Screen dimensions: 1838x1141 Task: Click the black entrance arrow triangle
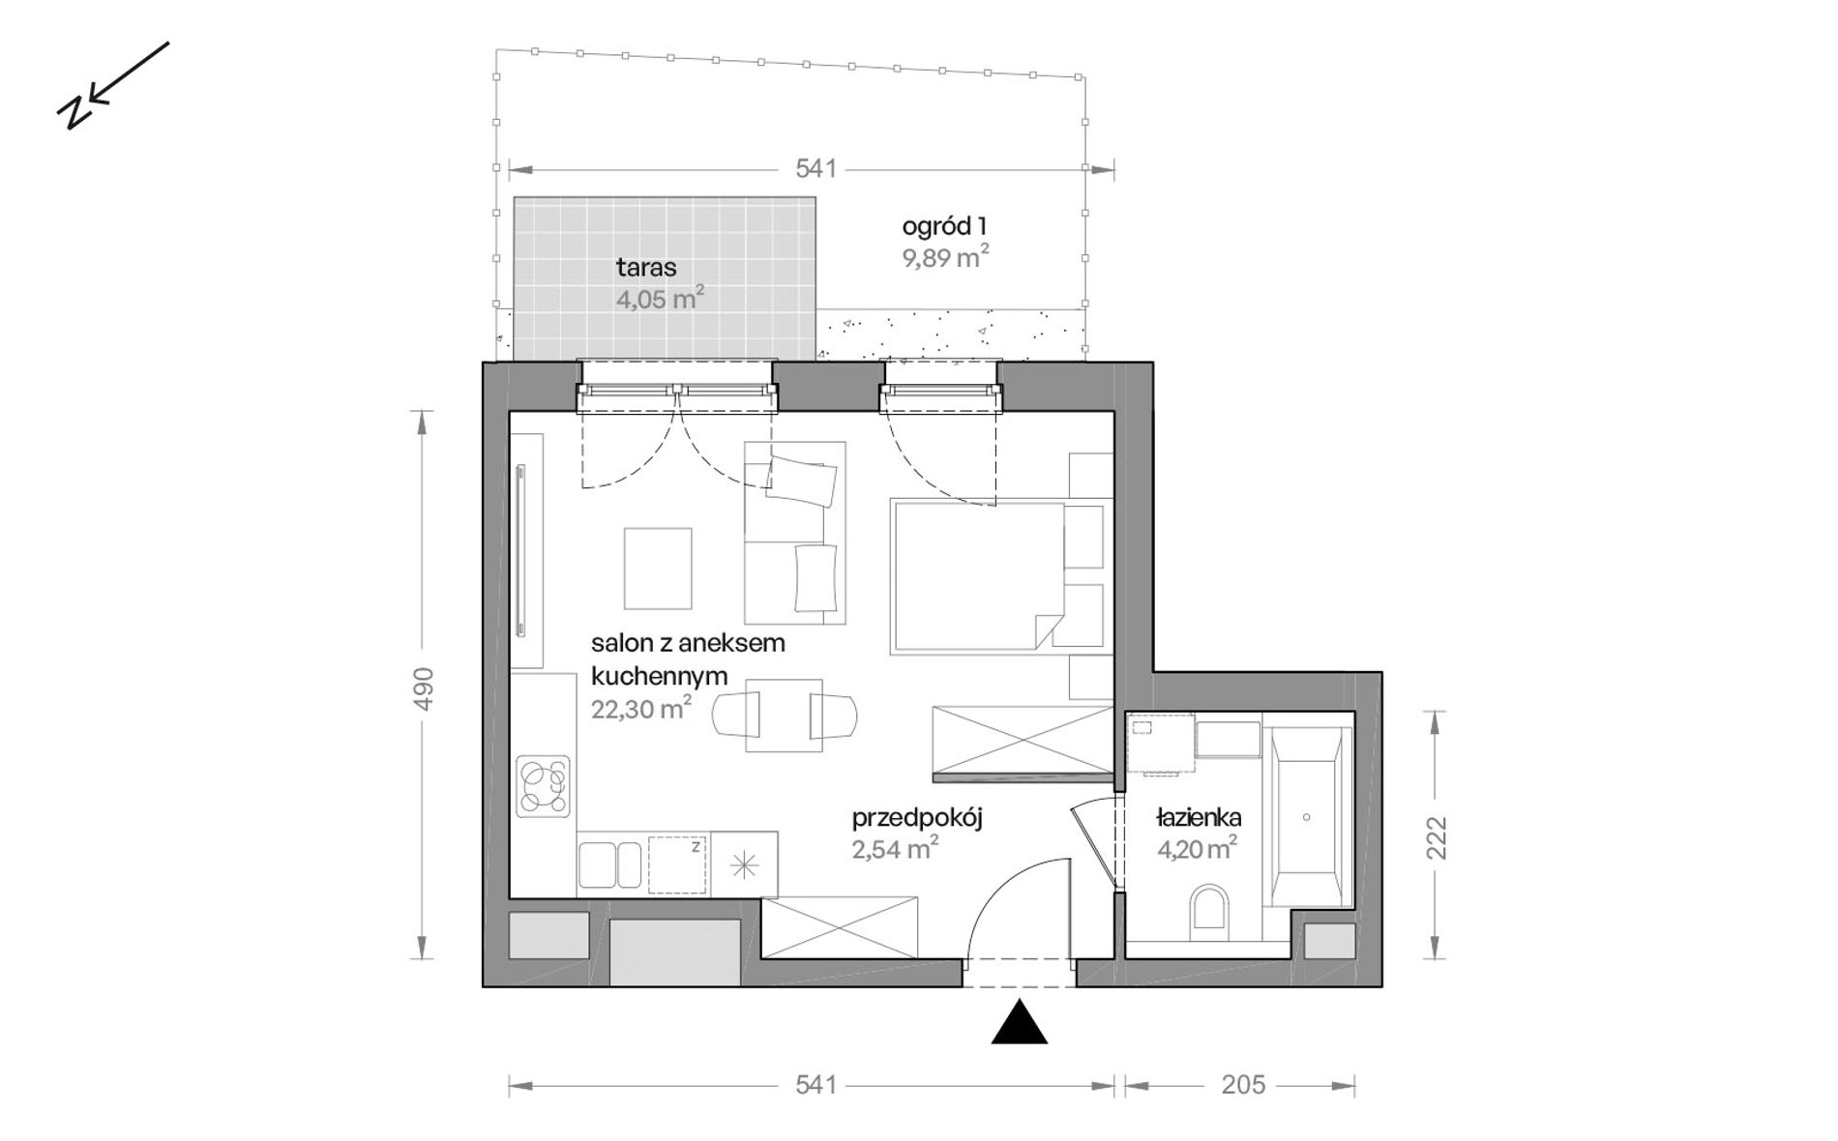pyautogui.click(x=1020, y=1024)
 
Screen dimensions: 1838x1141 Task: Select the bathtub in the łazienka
pyautogui.click(x=1306, y=817)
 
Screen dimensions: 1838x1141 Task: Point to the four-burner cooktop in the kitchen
pyautogui.click(x=543, y=786)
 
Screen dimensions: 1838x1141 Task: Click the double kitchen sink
pyautogui.click(x=609, y=864)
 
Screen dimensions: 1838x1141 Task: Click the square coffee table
pyautogui.click(x=658, y=569)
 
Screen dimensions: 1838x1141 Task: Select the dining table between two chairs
pyautogui.click(x=784, y=716)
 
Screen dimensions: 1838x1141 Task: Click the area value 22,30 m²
pyautogui.click(x=641, y=709)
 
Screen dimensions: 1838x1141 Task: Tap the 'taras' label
pyautogui.click(x=646, y=268)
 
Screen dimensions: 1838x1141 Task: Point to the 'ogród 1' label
pyautogui.click(x=944, y=226)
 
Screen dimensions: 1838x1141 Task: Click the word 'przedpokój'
pyautogui.click(x=917, y=819)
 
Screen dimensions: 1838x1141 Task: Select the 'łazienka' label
pyautogui.click(x=1199, y=818)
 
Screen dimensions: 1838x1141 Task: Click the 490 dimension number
pyautogui.click(x=423, y=688)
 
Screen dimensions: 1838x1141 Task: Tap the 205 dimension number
pyautogui.click(x=1243, y=1085)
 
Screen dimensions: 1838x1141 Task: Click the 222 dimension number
pyautogui.click(x=1436, y=837)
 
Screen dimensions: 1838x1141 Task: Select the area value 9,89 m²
pyautogui.click(x=945, y=258)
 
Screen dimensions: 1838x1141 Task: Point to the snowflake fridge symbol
pyautogui.click(x=744, y=865)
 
